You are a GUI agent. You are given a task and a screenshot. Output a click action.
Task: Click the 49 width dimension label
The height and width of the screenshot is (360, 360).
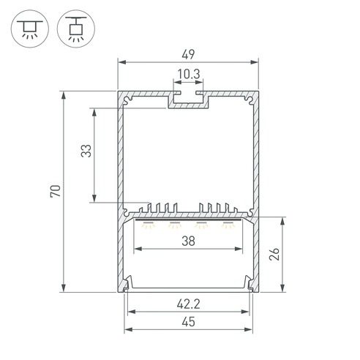tap(188, 55)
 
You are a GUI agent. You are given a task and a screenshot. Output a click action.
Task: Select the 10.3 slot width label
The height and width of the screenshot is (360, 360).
tap(189, 74)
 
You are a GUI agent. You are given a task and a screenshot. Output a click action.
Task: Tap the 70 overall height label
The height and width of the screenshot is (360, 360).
tap(56, 191)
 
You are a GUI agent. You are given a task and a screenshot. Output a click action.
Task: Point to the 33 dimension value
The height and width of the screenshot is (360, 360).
tap(86, 151)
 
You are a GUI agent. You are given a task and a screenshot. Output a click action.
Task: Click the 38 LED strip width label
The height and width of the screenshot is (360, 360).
tap(188, 241)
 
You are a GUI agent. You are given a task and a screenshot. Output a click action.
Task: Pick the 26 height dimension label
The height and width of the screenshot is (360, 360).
tap(274, 254)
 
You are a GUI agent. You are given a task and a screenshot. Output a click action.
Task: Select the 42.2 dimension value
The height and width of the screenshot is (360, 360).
tap(188, 304)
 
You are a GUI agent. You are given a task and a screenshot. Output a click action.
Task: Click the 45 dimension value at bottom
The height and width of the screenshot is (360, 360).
tap(188, 322)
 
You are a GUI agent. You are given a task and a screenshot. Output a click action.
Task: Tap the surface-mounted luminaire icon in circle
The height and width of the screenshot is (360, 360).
tap(30, 29)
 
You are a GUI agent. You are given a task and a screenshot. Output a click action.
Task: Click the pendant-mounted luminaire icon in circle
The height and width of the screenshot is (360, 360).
tap(76, 29)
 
